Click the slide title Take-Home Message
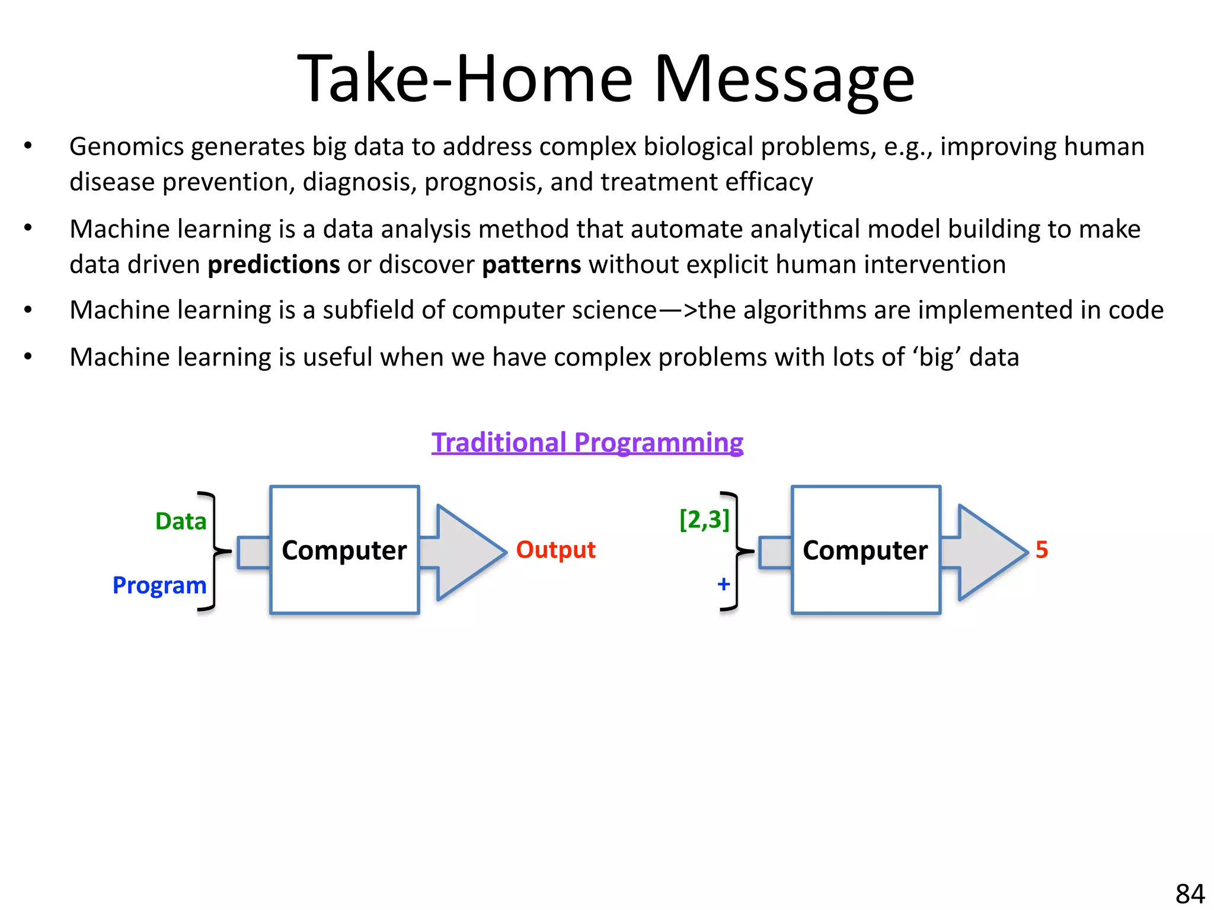pyautogui.click(x=606, y=79)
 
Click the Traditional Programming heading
pyautogui.click(x=587, y=443)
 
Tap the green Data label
pyautogui.click(x=181, y=521)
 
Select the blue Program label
pyautogui.click(x=159, y=585)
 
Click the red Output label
pyautogui.click(x=555, y=550)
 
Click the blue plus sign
pyautogui.click(x=723, y=584)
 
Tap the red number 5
pyautogui.click(x=1042, y=550)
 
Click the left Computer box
pyautogui.click(x=344, y=550)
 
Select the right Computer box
pyautogui.click(x=865, y=550)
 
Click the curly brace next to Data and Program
pyautogui.click(x=213, y=551)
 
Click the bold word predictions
pyautogui.click(x=273, y=265)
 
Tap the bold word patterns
pyautogui.click(x=531, y=265)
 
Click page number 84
pyautogui.click(x=1190, y=893)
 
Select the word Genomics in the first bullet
pyautogui.click(x=127, y=147)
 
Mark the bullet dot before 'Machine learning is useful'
pyautogui.click(x=28, y=357)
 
